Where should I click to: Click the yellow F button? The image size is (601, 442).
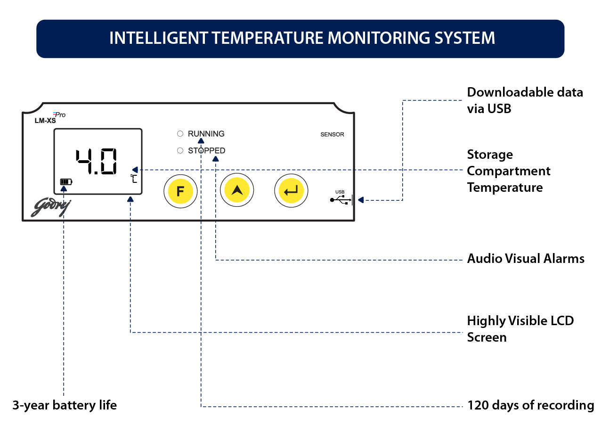(180, 191)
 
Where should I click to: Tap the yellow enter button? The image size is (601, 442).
(291, 190)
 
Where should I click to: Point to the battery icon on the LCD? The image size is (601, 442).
(66, 181)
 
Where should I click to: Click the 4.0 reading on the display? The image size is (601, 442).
(97, 161)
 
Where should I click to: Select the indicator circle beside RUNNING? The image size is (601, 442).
(180, 134)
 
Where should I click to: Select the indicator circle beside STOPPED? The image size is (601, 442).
(180, 151)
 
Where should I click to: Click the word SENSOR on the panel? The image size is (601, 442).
(332, 134)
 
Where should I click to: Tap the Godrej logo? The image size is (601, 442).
(50, 207)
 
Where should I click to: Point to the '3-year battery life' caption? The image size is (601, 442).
(65, 405)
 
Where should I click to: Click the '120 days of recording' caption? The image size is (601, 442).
(530, 405)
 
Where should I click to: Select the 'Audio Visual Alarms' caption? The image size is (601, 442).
(526, 258)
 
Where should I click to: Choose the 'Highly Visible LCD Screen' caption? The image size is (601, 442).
(520, 329)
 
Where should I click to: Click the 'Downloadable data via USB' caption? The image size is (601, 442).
(525, 100)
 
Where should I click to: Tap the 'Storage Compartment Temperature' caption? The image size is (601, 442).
(509, 171)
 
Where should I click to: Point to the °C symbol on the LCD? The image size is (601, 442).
(134, 179)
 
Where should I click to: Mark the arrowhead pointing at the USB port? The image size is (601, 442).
(360, 200)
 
